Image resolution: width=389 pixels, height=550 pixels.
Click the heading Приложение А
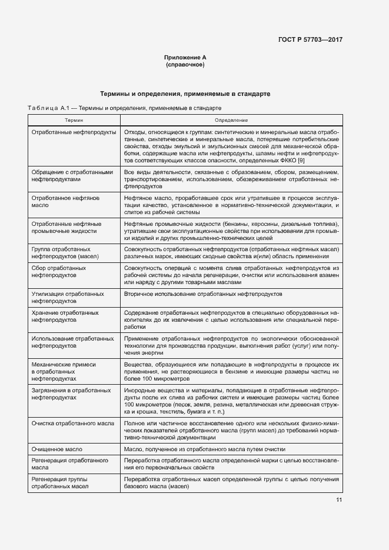pyautogui.click(x=185, y=57)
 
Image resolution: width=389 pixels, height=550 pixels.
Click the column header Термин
pyautogui.click(x=74, y=119)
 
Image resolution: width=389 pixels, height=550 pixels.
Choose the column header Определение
pyautogui.click(x=231, y=119)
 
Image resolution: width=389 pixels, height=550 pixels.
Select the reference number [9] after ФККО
pyautogui.click(x=301, y=161)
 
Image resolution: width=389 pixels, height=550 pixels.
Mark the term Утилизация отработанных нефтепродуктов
pyautogui.click(x=67, y=296)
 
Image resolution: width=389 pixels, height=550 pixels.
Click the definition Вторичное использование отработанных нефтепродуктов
pyautogui.click(x=203, y=293)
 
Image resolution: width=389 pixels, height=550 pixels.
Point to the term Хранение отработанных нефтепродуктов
pyautogui.click(x=65, y=316)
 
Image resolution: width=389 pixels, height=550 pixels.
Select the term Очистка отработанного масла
pyautogui.click(x=71, y=422)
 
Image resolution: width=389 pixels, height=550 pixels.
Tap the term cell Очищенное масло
pyautogui.click(x=56, y=448)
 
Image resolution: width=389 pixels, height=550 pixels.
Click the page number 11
pyautogui.click(x=339, y=500)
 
